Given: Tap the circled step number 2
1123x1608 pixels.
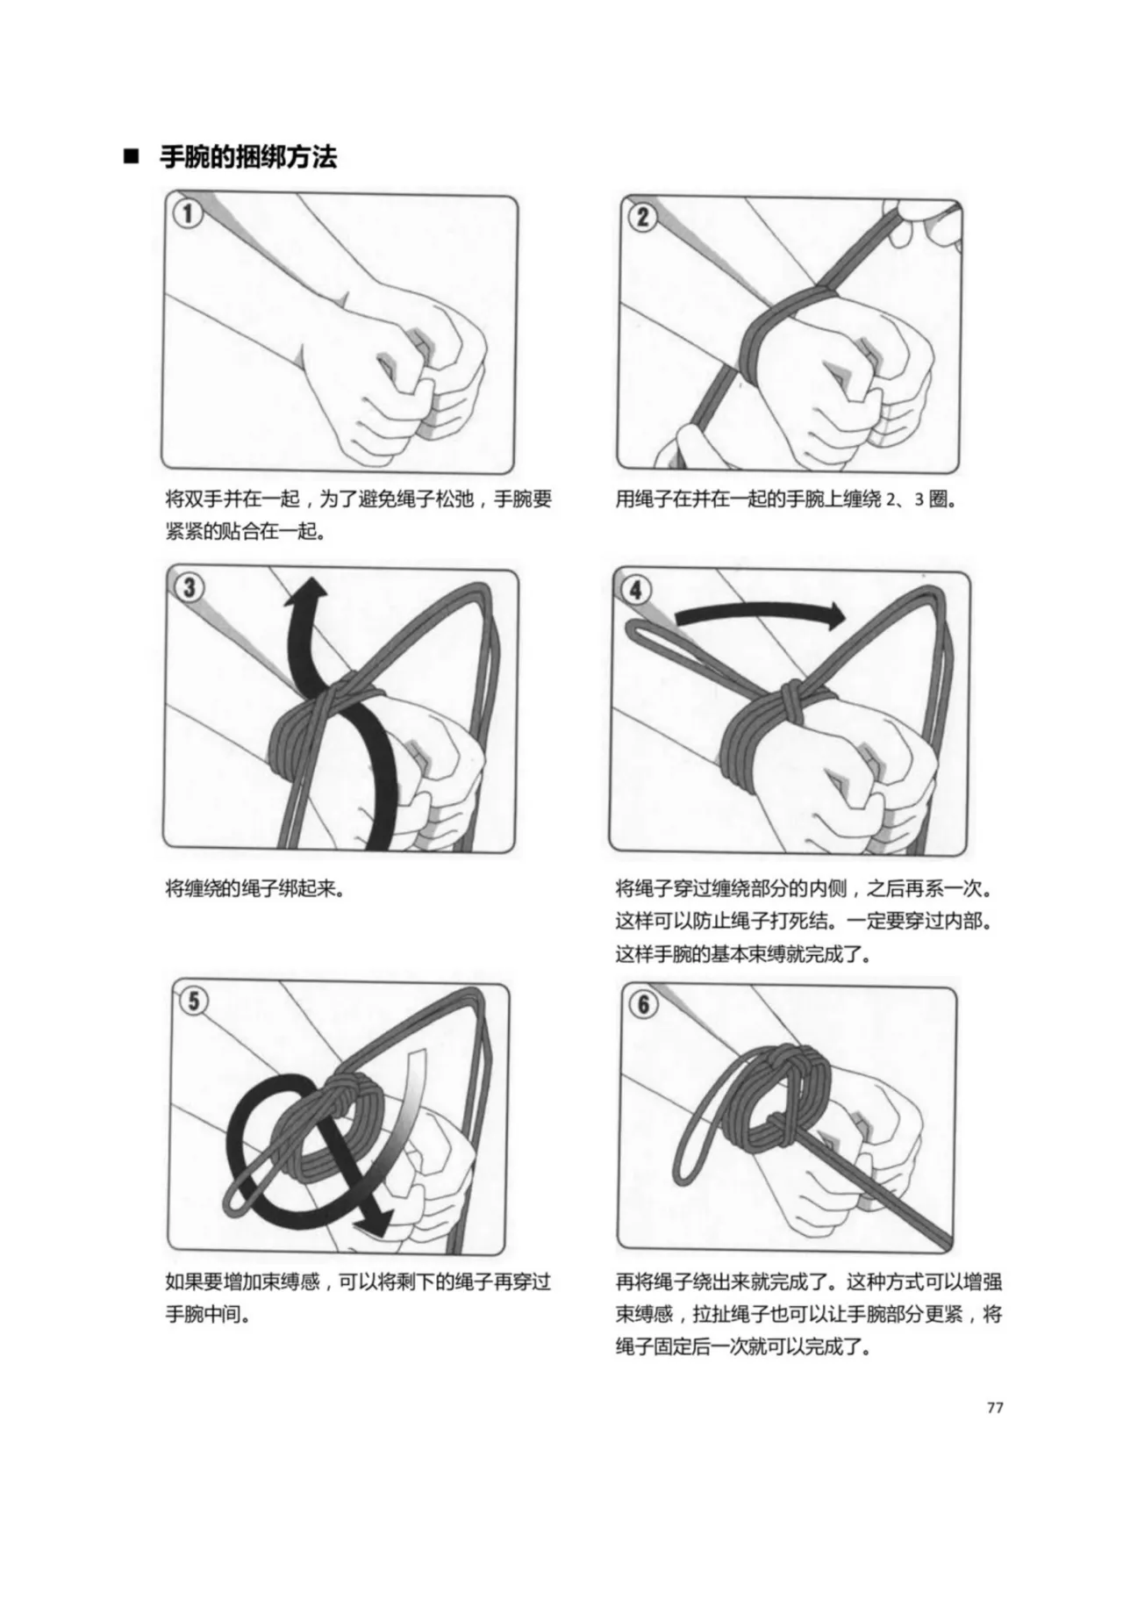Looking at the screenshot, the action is point(642,216).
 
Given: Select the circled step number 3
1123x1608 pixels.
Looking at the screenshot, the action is point(190,587).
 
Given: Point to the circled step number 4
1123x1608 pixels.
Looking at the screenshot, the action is point(636,589).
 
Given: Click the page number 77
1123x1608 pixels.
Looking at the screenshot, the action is point(994,1407).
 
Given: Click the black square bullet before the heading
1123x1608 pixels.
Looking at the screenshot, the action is point(132,159).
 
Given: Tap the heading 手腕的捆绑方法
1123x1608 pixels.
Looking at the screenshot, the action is point(248,158).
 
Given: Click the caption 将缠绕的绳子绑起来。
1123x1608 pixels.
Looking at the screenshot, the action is point(254,888).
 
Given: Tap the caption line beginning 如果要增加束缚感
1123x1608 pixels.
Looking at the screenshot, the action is point(358,1281).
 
